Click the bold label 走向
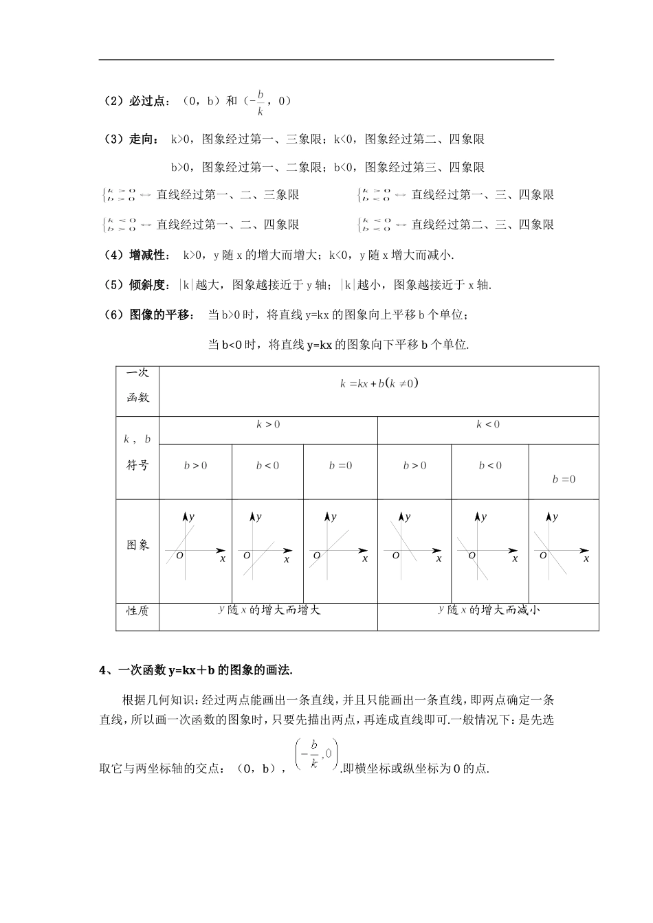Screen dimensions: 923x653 click(140, 139)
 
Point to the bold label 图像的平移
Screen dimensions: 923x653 click(159, 315)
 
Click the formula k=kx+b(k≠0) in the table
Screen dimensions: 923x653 click(379, 383)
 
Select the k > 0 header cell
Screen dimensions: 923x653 click(268, 424)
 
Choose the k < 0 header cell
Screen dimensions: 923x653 click(488, 424)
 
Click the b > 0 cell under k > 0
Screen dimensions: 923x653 click(195, 466)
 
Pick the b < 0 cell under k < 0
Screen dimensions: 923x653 click(490, 466)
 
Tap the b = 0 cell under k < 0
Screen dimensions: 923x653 click(564, 479)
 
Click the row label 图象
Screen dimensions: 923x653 click(137, 545)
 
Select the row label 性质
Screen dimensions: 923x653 click(137, 611)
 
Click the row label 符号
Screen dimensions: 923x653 click(137, 465)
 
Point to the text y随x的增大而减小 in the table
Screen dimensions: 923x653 click(489, 609)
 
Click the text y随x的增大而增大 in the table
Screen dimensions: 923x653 click(269, 609)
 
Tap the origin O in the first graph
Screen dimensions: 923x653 click(179, 555)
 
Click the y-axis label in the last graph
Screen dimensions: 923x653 click(555, 517)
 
